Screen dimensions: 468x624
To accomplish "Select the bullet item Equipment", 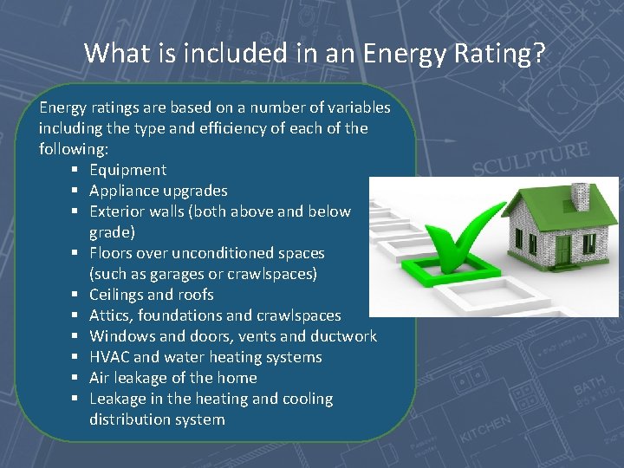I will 127,170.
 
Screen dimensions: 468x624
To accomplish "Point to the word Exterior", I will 119,211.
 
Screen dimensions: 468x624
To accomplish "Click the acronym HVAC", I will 109,357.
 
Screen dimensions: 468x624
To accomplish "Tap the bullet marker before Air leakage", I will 75,379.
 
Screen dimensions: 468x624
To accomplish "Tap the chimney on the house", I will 580,198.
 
